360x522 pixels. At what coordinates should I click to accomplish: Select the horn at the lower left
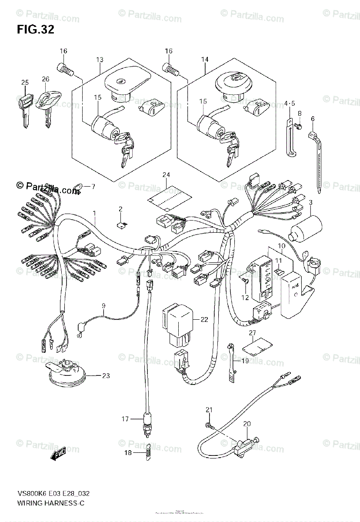(66, 373)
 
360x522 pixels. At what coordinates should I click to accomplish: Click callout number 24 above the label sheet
(165, 175)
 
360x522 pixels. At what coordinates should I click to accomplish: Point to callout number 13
(100, 59)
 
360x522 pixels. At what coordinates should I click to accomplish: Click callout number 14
(205, 59)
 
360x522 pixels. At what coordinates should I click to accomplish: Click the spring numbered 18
(148, 452)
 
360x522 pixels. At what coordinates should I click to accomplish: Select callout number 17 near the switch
(125, 419)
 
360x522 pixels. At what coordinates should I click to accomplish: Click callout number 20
(247, 424)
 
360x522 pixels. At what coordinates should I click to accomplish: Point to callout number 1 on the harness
(93, 213)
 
